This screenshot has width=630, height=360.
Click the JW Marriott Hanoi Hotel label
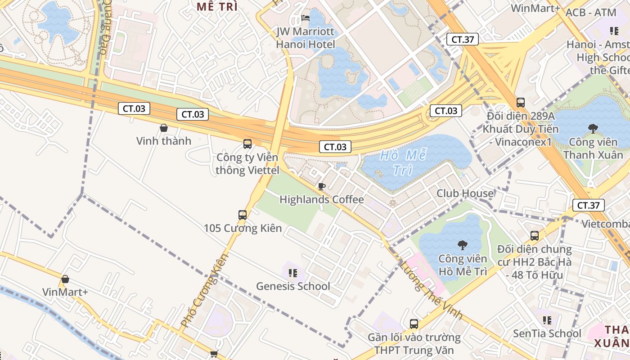tap(306, 38)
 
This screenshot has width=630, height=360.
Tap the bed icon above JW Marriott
tap(306, 18)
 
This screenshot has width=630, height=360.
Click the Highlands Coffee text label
tap(322, 199)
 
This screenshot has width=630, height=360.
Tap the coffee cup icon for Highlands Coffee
tap(321, 186)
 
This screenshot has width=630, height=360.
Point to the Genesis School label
tap(293, 286)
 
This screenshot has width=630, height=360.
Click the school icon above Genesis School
tap(293, 273)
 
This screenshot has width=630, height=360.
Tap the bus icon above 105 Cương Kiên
tap(243, 215)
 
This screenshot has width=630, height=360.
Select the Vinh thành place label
tap(164, 141)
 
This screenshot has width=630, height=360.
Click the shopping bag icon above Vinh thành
tap(164, 128)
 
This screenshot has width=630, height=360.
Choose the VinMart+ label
tap(65, 292)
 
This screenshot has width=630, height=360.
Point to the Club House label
tap(465, 193)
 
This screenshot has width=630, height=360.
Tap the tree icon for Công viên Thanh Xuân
tap(593, 129)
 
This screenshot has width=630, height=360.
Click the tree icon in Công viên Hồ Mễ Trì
tap(462, 245)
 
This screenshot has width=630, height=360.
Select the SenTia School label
tap(547, 333)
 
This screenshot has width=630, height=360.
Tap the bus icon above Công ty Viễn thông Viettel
tap(247, 144)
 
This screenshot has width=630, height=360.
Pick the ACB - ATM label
tap(590, 13)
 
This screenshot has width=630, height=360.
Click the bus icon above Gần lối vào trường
tap(414, 324)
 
